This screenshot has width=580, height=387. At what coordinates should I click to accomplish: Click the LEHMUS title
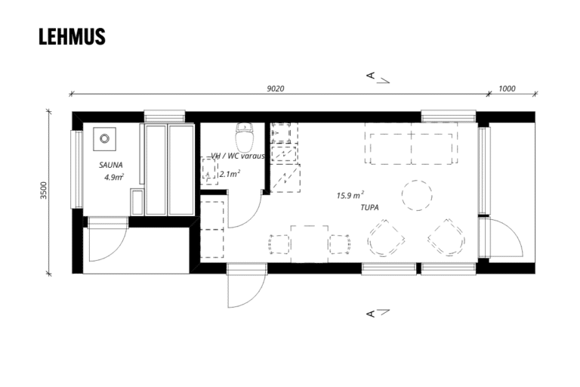tap(72, 36)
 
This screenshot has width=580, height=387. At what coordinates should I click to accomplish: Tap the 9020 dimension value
tap(276, 88)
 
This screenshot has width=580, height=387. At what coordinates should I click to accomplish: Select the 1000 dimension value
tap(507, 88)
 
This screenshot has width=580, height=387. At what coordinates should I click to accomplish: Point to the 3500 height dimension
tap(44, 190)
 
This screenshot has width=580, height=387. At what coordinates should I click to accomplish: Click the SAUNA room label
tap(110, 166)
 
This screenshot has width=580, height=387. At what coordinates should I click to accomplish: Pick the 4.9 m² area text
tap(113, 177)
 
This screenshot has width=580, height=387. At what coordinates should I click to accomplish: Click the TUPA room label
tap(369, 207)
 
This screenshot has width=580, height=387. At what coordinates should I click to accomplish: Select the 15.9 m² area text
tap(350, 195)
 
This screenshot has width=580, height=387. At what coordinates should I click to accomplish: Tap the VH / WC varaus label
tap(238, 156)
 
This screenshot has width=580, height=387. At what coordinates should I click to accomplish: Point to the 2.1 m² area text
tap(230, 174)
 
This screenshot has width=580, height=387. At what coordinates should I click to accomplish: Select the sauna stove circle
tap(105, 138)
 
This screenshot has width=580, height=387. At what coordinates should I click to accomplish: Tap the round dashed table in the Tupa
tap(417, 195)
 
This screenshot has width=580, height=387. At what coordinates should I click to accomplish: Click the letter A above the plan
tap(370, 76)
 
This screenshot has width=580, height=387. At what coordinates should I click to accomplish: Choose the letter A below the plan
tap(370, 314)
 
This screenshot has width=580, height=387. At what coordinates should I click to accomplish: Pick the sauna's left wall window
tap(77, 169)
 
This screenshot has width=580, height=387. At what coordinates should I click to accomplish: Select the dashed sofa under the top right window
tap(411, 144)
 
